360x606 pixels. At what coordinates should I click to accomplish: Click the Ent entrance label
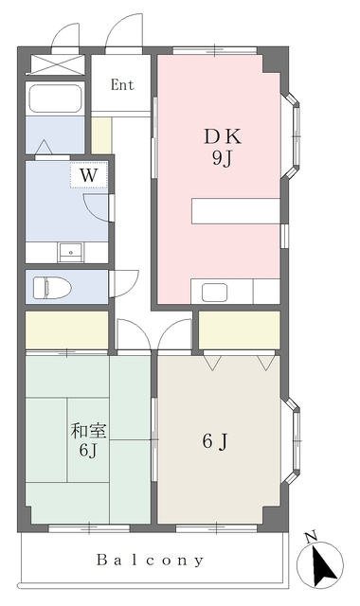(122, 84)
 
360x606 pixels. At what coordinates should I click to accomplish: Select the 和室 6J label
(89, 440)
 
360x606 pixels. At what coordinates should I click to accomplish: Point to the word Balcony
(150, 560)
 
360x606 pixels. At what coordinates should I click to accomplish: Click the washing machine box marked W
(88, 175)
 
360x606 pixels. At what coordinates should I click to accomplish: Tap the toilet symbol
(49, 286)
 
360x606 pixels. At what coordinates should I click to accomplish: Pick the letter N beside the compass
(310, 538)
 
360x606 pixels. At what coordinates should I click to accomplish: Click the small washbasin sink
(70, 253)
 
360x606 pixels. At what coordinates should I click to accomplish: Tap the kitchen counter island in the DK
(235, 209)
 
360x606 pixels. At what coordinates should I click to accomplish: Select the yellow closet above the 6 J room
(239, 330)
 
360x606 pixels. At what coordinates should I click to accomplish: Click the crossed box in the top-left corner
(45, 64)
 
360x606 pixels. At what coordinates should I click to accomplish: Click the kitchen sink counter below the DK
(235, 292)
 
